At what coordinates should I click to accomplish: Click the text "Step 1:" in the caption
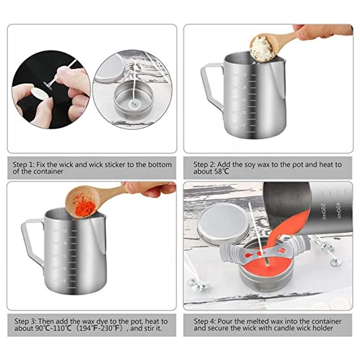click(25, 165)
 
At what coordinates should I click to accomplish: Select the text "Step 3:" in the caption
click(25, 321)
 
